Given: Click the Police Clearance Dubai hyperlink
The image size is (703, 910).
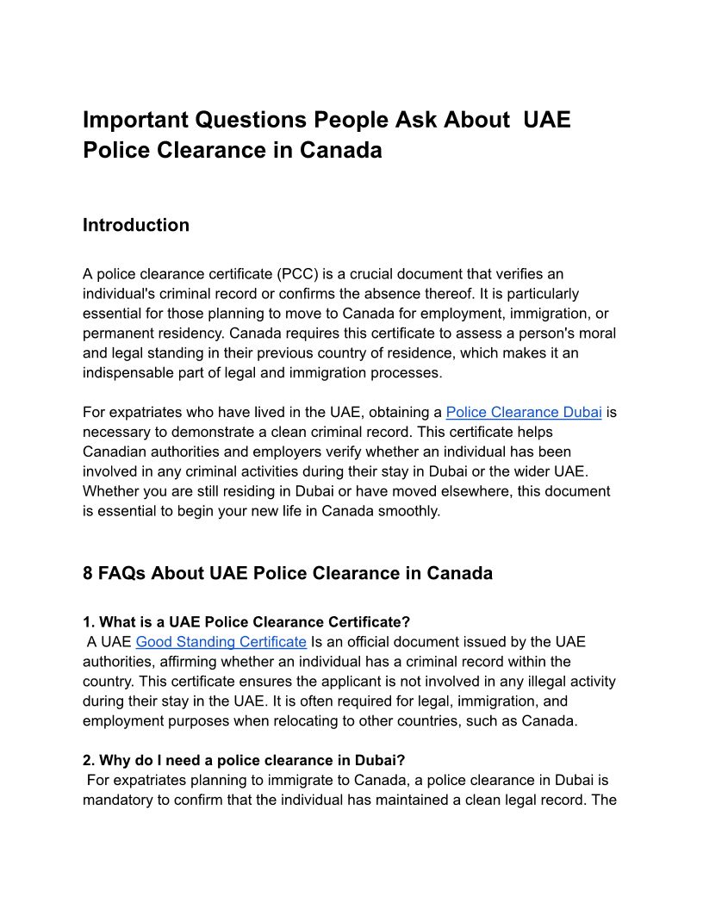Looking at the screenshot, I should click(x=523, y=412).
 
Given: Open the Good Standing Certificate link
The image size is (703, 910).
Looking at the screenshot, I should click(x=221, y=641).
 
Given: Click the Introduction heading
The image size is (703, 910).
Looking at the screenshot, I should click(x=135, y=225).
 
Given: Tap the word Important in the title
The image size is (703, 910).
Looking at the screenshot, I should click(x=134, y=119).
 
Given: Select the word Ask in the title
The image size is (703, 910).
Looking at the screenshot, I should click(x=416, y=119).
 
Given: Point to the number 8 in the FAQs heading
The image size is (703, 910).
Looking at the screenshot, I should click(x=88, y=573).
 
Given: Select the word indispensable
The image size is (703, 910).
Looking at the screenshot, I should click(x=129, y=372).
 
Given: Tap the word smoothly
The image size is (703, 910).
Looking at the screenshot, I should click(x=410, y=510).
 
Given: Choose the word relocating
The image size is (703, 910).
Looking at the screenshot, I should click(x=354, y=720).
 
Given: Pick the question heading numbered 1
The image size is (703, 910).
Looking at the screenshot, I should click(x=246, y=621).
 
